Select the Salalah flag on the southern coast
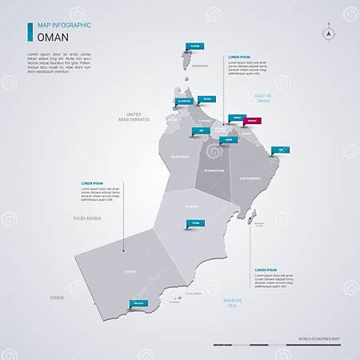click(x=139, y=303)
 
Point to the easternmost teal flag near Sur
click(x=282, y=150)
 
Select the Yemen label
click(x=56, y=297)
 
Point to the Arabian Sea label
click(x=232, y=302)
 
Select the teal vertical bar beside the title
click(x=30, y=32)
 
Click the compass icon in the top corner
click(x=328, y=34)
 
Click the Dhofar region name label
click(x=130, y=273)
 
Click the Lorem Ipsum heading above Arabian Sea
click(x=266, y=270)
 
